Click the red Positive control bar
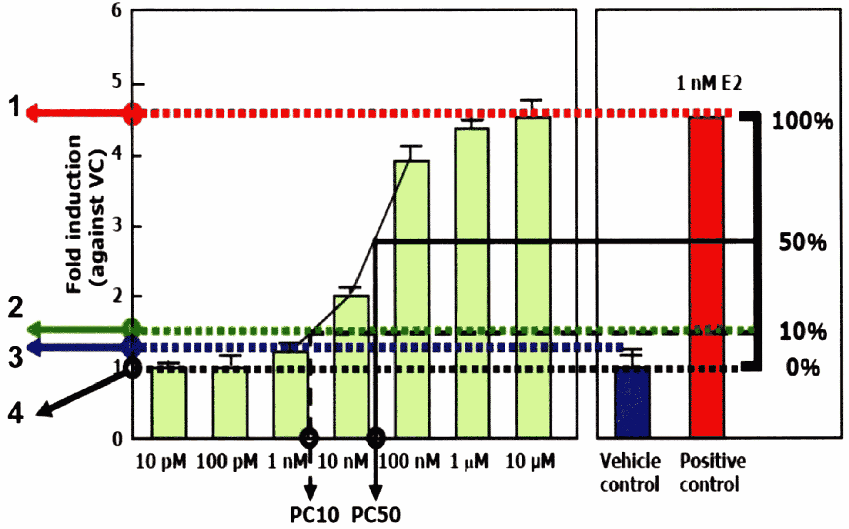click(706, 277)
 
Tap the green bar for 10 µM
click(533, 277)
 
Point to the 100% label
click(802, 121)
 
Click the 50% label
click(802, 242)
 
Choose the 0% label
click(802, 367)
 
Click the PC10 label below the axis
click(314, 515)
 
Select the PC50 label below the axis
click(376, 515)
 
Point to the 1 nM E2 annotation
click(709, 83)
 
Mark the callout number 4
click(15, 413)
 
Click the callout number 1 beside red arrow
click(14, 107)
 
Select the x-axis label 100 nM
click(409, 461)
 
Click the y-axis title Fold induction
click(74, 214)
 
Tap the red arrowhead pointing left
click(32, 113)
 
